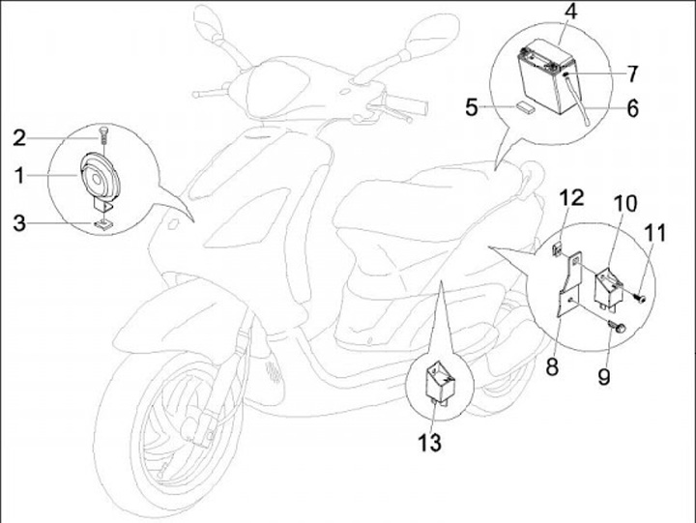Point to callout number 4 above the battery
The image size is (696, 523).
[x=570, y=14]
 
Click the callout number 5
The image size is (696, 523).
[x=472, y=107]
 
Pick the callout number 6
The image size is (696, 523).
[x=631, y=108]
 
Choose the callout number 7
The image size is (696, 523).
[x=631, y=73]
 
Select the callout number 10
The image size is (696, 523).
[x=624, y=204]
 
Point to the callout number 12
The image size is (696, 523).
[x=572, y=198]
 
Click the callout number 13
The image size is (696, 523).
[x=430, y=443]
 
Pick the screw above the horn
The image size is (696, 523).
[x=102, y=134]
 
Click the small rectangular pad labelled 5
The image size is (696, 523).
[x=525, y=107]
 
